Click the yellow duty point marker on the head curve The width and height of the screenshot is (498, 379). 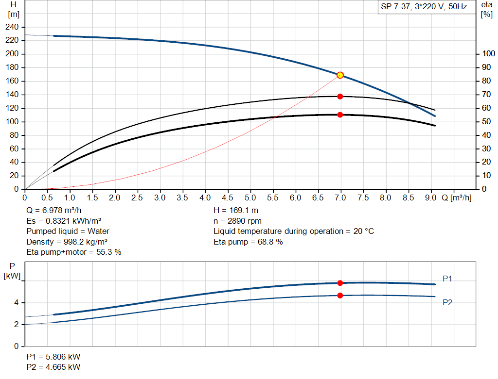(340, 75)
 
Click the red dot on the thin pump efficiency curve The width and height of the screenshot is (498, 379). (340, 96)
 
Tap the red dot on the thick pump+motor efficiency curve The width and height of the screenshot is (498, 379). (340, 115)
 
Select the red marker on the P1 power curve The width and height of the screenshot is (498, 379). (340, 283)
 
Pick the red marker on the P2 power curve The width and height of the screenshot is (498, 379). (340, 296)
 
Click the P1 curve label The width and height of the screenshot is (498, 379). (448, 279)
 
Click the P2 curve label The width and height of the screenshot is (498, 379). (448, 302)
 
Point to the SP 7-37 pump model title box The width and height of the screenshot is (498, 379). (424, 7)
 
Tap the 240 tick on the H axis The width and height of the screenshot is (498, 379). (13, 27)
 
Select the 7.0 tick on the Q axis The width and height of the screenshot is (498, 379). (340, 198)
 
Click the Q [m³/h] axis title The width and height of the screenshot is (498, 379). (456, 198)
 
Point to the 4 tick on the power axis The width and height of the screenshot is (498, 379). (17, 302)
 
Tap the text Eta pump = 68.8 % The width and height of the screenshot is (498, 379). (248, 242)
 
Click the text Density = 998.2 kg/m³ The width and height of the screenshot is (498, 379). (67, 242)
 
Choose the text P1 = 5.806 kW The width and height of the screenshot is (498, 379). (53, 357)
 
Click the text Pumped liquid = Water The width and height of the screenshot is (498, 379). (68, 231)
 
